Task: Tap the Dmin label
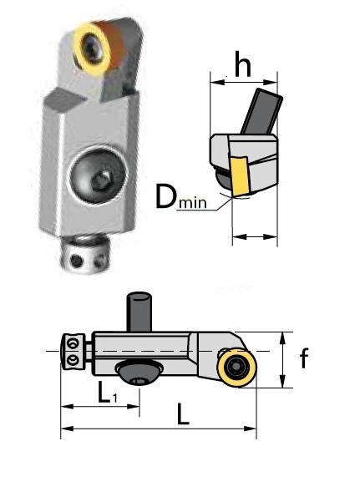(180, 198)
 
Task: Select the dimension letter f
(305, 360)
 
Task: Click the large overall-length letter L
(183, 413)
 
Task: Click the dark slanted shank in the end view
(260, 112)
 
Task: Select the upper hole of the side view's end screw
(73, 342)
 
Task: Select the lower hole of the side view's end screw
(73, 358)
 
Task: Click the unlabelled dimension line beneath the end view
(254, 237)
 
